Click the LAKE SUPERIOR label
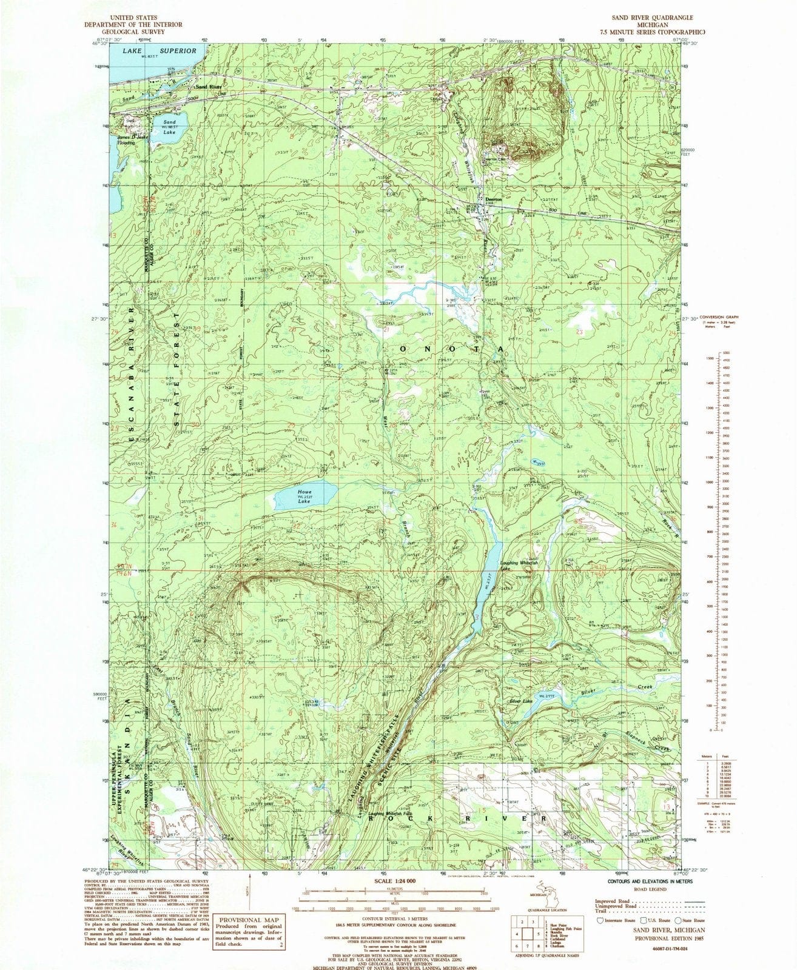tap(160, 51)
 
